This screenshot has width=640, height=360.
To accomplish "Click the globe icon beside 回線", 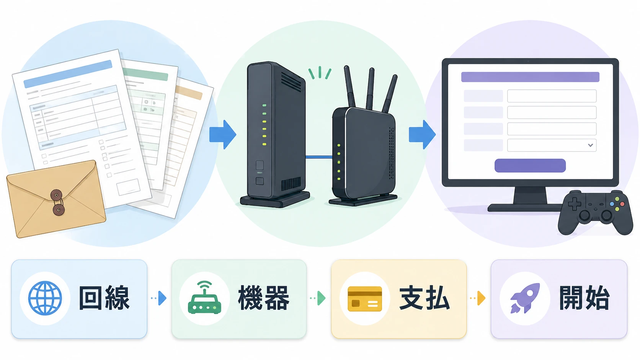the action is point(45,298).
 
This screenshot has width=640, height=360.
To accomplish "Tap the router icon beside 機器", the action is point(204,298).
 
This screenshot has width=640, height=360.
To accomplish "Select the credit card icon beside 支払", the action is point(365,299).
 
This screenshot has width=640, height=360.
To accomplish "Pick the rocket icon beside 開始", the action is point(525,298).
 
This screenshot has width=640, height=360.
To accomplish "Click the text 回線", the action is point(104,298).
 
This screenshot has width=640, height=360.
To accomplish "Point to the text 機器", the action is point(263,298).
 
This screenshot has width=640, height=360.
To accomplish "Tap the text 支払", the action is point(424,298).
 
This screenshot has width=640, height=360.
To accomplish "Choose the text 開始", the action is point(584,298).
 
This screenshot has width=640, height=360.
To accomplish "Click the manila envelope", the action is point(56,199).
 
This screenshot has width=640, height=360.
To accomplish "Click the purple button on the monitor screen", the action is point(530,166).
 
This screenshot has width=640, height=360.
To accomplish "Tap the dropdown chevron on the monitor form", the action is point(591,145).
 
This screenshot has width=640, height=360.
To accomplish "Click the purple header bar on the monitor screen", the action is point(530,77).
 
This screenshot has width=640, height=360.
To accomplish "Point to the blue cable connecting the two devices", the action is point(319,157).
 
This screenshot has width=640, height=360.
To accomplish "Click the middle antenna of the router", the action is point(371,88).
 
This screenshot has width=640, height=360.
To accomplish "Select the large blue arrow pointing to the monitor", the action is point(422,134).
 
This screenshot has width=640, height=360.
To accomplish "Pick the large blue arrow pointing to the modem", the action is point(223,134).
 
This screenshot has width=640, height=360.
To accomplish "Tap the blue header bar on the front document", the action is point(68,74).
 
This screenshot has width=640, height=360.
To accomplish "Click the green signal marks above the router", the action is point(320,73).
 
